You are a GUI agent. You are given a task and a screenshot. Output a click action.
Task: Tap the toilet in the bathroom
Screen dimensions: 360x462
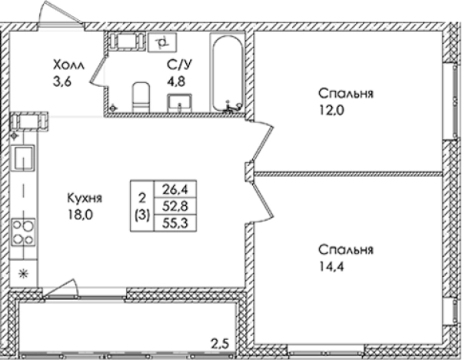click(140, 96)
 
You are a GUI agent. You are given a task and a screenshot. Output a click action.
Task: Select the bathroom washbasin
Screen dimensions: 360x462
click(181, 101)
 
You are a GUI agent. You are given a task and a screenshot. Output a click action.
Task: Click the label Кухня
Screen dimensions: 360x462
click(85, 197)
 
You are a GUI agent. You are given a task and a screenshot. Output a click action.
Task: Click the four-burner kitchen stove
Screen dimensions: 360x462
click(23, 232)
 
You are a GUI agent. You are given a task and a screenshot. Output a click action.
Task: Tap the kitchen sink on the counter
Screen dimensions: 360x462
click(23, 158)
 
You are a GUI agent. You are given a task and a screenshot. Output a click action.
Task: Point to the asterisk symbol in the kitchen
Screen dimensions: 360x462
click(22, 272)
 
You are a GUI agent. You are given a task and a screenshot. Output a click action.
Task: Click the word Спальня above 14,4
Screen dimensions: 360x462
click(346, 250)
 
